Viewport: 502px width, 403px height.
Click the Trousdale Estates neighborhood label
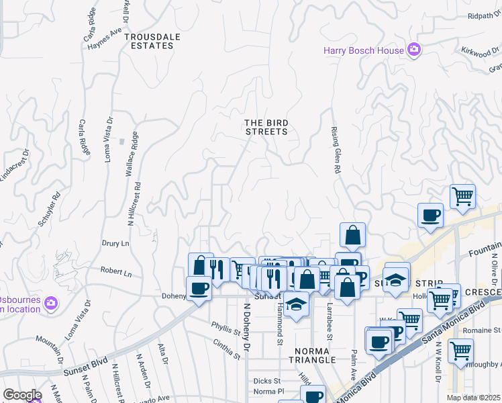point(139,41)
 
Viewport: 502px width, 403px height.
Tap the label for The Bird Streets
point(266,127)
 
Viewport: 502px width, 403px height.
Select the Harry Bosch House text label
point(364,50)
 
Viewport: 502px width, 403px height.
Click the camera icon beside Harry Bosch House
point(414,50)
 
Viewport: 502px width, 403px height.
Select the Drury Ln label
point(114,244)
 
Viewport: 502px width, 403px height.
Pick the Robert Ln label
point(116,273)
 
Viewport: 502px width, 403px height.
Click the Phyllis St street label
point(225,331)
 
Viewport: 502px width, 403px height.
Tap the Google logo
point(21,395)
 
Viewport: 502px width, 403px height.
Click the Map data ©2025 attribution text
point(473,398)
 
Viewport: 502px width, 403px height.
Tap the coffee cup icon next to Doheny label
point(198,289)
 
